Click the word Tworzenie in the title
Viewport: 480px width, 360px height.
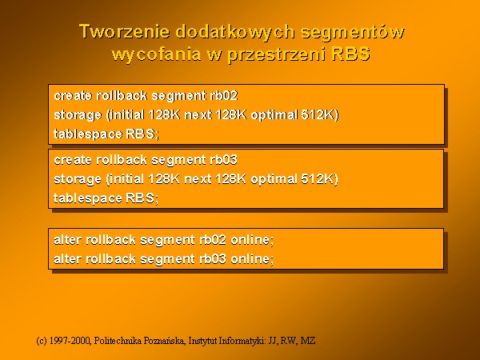tap(125, 31)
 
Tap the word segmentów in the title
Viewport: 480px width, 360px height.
tap(353, 31)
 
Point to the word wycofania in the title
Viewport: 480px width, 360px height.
tap(156, 54)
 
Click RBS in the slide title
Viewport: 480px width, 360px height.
tap(351, 54)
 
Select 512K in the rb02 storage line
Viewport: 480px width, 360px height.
tap(320, 114)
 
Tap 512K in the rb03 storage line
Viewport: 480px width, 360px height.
tap(319, 179)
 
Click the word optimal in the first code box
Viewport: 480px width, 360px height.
tap(274, 115)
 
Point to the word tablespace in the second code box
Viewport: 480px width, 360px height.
tap(88, 198)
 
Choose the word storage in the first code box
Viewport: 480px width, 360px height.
tap(78, 116)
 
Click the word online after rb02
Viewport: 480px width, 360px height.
tap(252, 240)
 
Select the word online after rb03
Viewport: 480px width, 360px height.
tap(252, 259)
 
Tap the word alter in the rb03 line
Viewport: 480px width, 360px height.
tap(68, 259)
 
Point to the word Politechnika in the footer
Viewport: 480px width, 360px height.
tap(118, 341)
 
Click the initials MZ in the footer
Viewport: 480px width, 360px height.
tap(308, 341)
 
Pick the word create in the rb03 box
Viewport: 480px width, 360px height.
tap(73, 160)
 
